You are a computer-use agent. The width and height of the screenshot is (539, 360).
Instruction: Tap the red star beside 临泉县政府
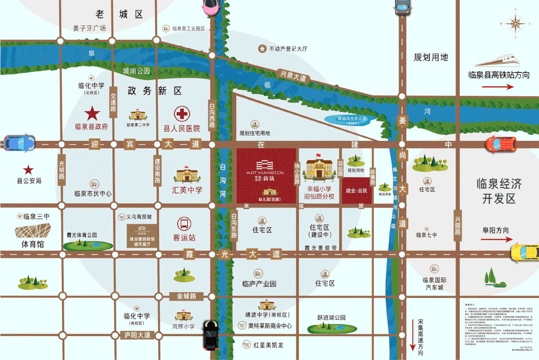(91, 113)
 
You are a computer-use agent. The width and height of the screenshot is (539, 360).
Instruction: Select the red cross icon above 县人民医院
(182, 114)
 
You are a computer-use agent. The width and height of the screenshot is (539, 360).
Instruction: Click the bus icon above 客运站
(183, 224)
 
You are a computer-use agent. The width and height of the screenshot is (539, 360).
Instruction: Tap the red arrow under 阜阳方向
(498, 241)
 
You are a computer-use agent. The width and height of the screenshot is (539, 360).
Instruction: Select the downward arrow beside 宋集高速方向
(413, 330)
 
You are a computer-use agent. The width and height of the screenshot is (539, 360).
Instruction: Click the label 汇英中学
(187, 190)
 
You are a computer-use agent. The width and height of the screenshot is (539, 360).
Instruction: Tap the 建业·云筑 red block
(357, 191)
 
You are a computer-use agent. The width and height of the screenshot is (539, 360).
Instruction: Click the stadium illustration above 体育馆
(33, 233)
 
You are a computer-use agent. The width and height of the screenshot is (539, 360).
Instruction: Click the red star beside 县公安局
(29, 170)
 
